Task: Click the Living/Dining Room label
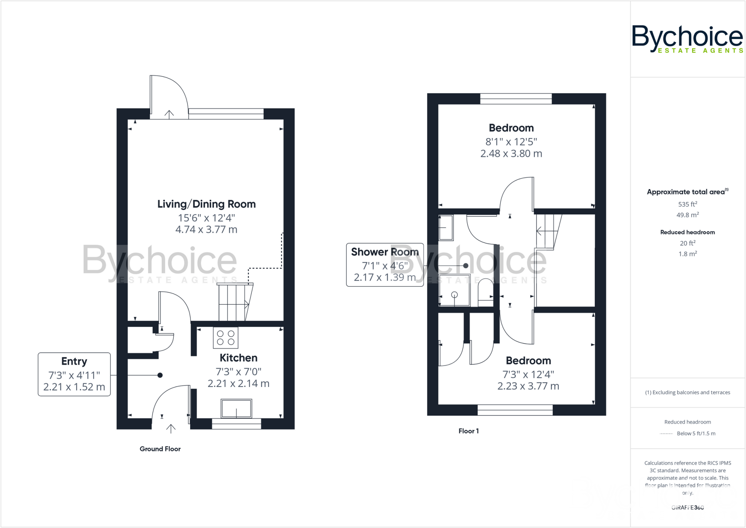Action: pyautogui.click(x=206, y=204)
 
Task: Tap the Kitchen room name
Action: pyautogui.click(x=238, y=358)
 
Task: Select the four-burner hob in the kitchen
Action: pyautogui.click(x=225, y=338)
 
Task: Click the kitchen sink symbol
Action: pyautogui.click(x=236, y=408)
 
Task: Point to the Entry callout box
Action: pyautogui.click(x=74, y=374)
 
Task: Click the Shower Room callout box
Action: pyautogui.click(x=385, y=265)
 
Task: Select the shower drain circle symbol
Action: pyautogui.click(x=454, y=295)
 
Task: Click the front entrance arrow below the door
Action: pyautogui.click(x=171, y=429)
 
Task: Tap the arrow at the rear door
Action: pyautogui.click(x=169, y=114)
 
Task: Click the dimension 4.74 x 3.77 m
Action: pyautogui.click(x=206, y=230)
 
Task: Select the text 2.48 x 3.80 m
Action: pyautogui.click(x=511, y=154)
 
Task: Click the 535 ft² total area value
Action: pyautogui.click(x=687, y=204)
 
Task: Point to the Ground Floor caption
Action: pyautogui.click(x=160, y=449)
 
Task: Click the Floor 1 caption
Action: pyautogui.click(x=468, y=431)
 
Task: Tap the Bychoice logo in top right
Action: pyautogui.click(x=687, y=39)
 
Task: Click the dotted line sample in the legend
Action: pyautogui.click(x=666, y=434)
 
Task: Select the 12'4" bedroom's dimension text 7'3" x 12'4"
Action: pyautogui.click(x=528, y=374)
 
